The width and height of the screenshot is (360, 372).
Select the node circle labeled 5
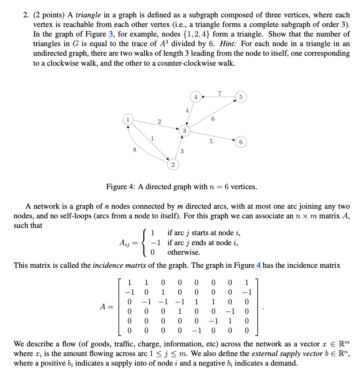[241, 97]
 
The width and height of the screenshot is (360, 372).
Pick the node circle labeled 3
[184, 131]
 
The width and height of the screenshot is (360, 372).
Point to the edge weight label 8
[134, 150]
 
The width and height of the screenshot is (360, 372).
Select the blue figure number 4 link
[259, 265]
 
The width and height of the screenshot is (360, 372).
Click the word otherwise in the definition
[183, 252]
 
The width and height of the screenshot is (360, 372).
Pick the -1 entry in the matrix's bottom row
[196, 329]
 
